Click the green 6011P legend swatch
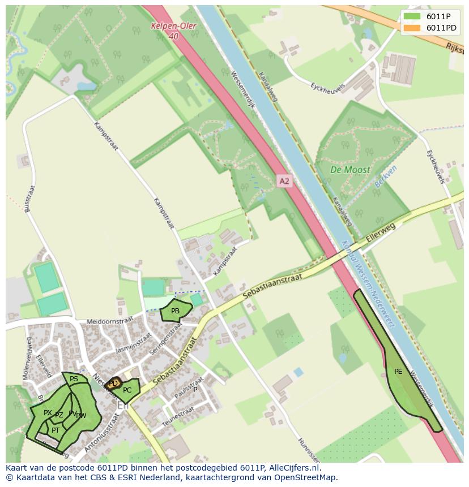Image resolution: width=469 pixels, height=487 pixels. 412,16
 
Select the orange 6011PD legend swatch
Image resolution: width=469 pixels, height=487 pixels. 412,28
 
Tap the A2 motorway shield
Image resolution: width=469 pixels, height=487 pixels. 284,181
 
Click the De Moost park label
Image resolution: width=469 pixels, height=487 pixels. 350,169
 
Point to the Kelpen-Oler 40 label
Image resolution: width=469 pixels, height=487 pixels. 168,31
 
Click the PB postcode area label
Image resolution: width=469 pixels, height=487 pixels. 175,311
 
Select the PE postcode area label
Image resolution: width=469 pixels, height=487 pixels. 398,372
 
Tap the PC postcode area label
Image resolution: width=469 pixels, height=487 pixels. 127,390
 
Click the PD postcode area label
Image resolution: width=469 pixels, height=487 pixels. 113,383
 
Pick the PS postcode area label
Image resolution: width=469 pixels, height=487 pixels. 74,379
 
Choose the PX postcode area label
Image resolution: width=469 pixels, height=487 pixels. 48,413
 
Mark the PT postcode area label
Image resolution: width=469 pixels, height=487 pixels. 56,430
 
